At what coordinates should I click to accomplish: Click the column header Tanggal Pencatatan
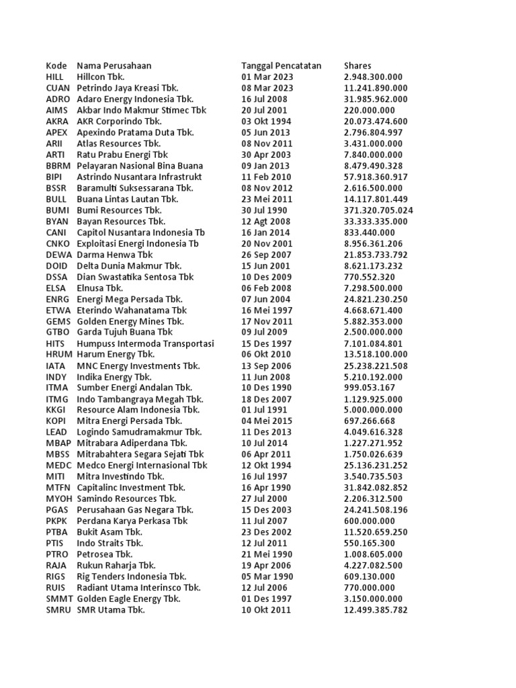tap(281, 66)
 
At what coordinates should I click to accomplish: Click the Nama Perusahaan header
tap(114, 66)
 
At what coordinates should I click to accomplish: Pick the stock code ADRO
tap(58, 99)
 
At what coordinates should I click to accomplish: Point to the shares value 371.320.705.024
tap(378, 210)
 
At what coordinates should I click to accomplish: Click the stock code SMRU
tap(58, 610)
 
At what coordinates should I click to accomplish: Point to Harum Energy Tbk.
tap(116, 354)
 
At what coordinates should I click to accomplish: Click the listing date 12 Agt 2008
tap(266, 221)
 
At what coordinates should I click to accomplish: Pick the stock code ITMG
tap(58, 399)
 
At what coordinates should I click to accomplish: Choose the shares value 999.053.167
tap(369, 388)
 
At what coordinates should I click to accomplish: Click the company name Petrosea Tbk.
tap(105, 554)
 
